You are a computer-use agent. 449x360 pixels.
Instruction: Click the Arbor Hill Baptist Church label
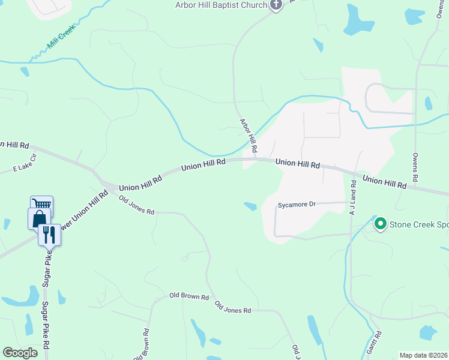point(220,5)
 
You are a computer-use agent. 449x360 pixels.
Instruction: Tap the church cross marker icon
point(276,5)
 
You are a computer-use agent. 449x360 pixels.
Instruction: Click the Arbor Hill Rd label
point(249,135)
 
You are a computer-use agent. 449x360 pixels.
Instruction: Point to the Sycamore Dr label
point(297,205)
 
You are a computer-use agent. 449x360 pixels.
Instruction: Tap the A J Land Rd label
point(353,199)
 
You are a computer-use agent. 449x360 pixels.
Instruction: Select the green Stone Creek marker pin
point(380,224)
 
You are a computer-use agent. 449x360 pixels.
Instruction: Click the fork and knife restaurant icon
point(49,234)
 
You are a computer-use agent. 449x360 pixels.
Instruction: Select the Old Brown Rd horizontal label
point(188,296)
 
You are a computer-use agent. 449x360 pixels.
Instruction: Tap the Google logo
point(20,353)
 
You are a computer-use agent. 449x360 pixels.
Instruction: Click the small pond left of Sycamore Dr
point(250,206)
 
